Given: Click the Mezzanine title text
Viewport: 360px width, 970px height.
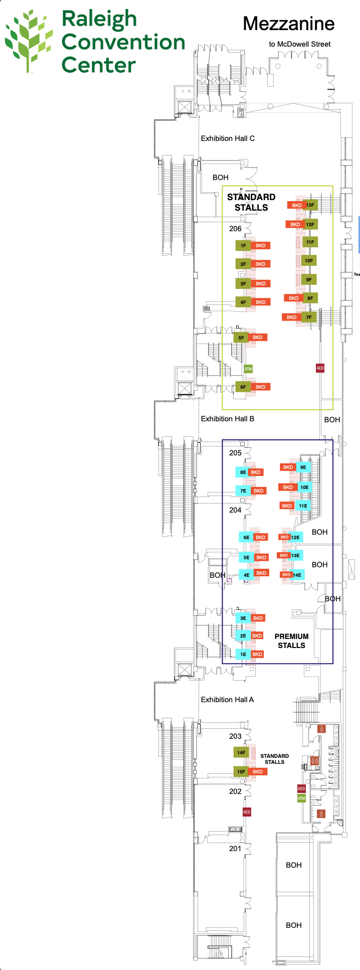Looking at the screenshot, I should click(288, 24).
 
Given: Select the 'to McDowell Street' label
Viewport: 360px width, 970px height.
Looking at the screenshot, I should click(299, 44).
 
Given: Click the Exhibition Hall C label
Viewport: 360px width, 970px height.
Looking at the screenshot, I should click(228, 138).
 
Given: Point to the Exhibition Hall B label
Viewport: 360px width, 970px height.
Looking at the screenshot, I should click(228, 419).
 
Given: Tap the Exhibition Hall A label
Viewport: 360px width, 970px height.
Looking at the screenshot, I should click(227, 700).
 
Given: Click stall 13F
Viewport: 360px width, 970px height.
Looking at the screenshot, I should click(310, 205).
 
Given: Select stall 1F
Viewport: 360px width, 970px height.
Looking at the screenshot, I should click(243, 246).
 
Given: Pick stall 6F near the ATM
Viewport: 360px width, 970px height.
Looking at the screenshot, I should click(243, 387).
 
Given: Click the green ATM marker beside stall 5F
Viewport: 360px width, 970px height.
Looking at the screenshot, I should click(248, 369).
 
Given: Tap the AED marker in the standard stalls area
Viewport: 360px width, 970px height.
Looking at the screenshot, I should click(320, 368).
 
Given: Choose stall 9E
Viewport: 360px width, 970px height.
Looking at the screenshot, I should click(303, 467).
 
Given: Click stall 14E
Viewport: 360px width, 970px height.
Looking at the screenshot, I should click(297, 575).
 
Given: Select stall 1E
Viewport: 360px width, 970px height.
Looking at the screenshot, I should click(243, 654).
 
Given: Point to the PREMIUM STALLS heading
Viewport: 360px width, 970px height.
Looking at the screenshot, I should click(291, 641).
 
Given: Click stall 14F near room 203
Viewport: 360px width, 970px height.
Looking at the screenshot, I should click(241, 752).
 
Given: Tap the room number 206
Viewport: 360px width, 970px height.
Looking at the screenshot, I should click(235, 229).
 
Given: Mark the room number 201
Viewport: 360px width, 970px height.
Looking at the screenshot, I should click(235, 849).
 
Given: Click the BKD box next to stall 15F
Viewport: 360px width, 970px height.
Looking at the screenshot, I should click(258, 771).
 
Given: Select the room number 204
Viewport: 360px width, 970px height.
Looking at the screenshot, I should click(235, 510).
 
